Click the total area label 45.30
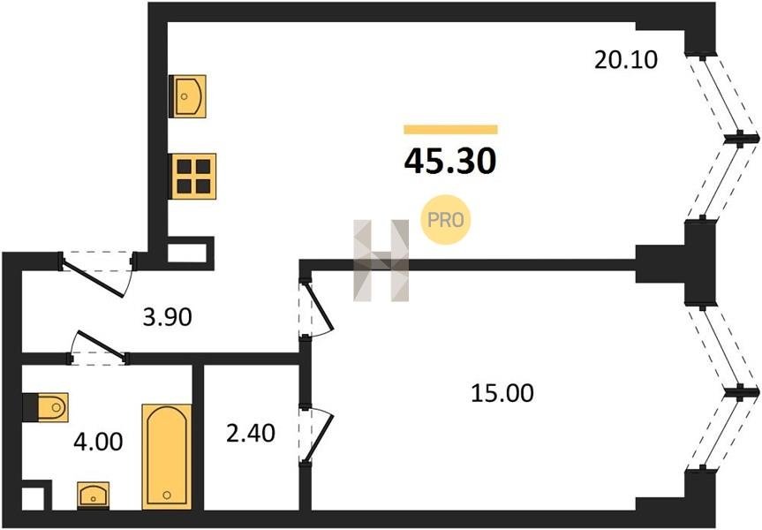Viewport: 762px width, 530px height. (450, 162)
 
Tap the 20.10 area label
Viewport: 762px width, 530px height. (626, 60)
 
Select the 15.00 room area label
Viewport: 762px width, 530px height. (502, 393)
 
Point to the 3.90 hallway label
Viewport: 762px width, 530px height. (167, 317)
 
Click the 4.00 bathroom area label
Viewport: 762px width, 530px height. (98, 443)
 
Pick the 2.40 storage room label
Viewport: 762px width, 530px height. (251, 433)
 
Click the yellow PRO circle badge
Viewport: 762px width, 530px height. (446, 220)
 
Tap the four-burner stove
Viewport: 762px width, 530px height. (193, 176)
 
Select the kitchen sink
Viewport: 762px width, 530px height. (187, 96)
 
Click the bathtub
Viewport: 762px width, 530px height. (166, 456)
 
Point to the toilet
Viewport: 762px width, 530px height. (46, 407)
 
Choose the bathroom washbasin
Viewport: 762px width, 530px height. (94, 496)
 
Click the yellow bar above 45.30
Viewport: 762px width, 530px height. (450, 129)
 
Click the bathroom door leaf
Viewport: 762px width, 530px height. (100, 344)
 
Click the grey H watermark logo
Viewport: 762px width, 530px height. (381, 261)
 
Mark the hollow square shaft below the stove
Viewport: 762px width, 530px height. (191, 253)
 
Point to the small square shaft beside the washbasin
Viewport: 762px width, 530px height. (36, 496)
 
